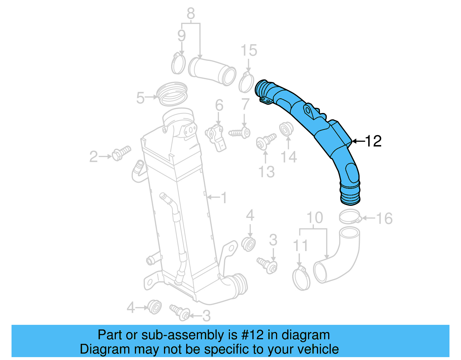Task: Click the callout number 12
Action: point(373,141)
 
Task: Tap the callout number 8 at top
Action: point(191,14)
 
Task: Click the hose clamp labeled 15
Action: point(246,83)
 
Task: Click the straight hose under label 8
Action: point(212,71)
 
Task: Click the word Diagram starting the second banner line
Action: point(97,349)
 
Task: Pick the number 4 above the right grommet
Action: point(250,215)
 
